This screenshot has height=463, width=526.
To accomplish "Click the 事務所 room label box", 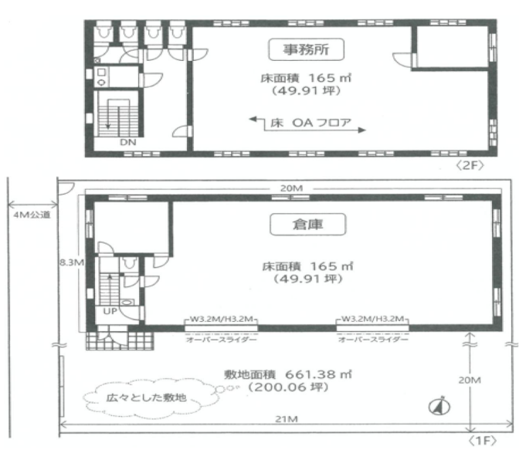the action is (307, 49).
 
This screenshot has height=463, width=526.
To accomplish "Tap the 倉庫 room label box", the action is (307, 225).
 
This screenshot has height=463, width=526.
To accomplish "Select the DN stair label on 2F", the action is (128, 142).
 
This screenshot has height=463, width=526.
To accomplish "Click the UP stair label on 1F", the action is (110, 311).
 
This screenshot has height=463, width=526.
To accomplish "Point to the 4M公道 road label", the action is (32, 215).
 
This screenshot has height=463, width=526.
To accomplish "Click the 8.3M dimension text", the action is (72, 262).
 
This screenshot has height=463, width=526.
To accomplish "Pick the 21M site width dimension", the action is (287, 419).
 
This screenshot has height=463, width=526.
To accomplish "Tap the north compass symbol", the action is (439, 406).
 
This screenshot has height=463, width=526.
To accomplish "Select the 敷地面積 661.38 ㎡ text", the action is (288, 374).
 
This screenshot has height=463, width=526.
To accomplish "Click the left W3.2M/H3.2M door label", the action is (222, 319).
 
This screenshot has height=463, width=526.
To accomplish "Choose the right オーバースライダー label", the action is (373, 340).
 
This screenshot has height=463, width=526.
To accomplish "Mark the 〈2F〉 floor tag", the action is (470, 165).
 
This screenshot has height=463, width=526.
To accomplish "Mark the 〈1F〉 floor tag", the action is (482, 441).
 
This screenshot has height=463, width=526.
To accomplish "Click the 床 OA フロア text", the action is (311, 123).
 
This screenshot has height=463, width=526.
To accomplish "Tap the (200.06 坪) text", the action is (288, 387).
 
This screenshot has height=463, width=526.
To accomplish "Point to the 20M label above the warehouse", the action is (291, 188).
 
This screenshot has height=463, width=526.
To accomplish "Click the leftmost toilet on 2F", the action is (104, 32).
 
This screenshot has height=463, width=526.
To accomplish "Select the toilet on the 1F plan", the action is (129, 264).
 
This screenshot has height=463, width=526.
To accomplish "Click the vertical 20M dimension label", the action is (470, 380).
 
